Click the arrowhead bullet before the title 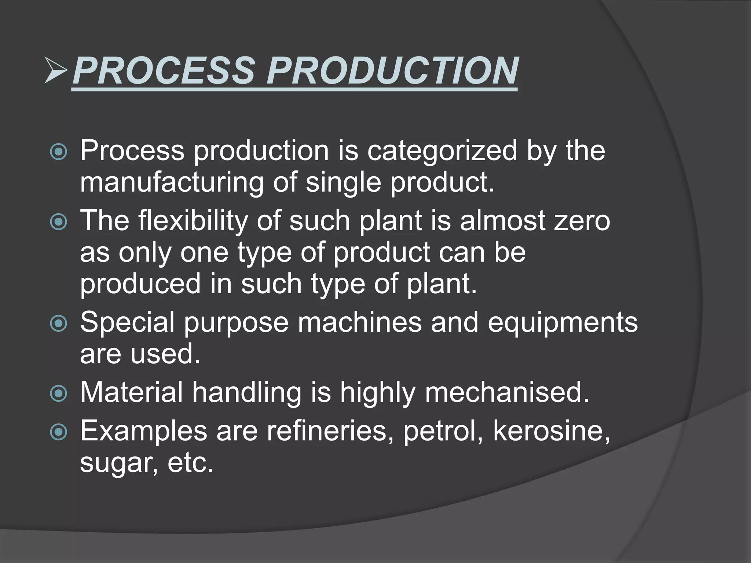56,70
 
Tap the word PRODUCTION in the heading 392,70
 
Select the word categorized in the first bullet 442,151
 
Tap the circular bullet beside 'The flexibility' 59,222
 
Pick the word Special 127,323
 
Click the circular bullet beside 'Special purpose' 59,324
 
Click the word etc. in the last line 190,463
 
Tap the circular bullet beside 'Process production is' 59,152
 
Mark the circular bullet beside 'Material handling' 59,394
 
